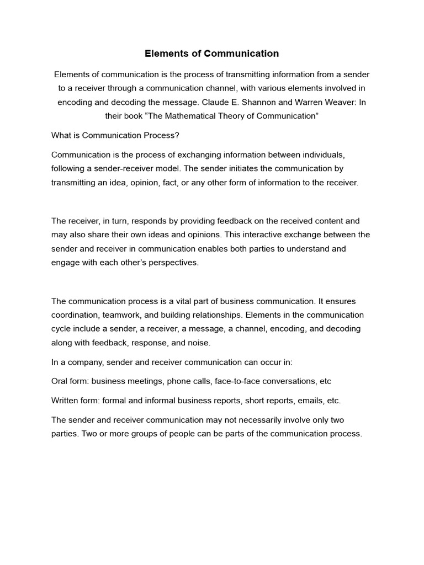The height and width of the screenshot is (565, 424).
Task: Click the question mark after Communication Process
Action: pyautogui.click(x=178, y=135)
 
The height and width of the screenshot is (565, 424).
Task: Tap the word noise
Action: pyautogui.click(x=199, y=342)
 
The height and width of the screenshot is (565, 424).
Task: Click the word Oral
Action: pyautogui.click(x=60, y=381)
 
